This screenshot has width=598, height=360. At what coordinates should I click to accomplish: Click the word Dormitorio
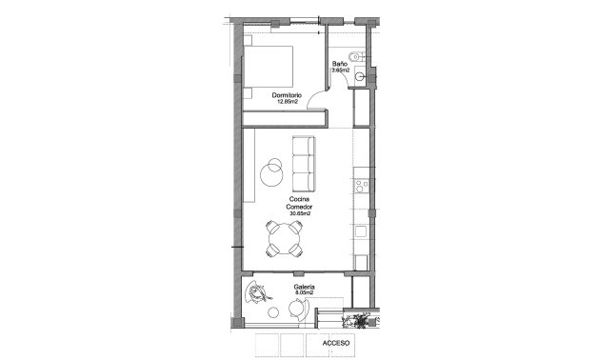click(287, 95)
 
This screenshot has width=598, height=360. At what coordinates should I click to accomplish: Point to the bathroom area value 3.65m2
click(340, 70)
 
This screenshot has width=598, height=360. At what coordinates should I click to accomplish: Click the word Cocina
click(300, 199)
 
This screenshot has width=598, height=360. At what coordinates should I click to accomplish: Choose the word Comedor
click(300, 207)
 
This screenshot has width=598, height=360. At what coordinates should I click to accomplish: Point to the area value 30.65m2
click(300, 214)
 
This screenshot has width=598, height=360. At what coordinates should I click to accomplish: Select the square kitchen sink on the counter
click(361, 230)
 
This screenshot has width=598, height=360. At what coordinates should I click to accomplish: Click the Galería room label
click(304, 287)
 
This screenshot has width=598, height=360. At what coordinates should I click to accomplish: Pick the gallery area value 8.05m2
click(304, 294)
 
